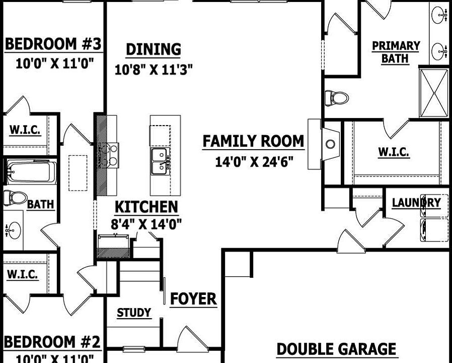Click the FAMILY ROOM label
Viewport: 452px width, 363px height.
(x=253, y=142)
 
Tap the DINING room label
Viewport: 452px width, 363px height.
(x=153, y=50)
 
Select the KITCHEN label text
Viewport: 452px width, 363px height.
(x=146, y=207)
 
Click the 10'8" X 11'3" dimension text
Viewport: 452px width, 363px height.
(x=154, y=70)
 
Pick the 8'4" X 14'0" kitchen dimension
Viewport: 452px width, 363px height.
(x=146, y=223)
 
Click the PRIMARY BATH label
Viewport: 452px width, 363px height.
(x=396, y=52)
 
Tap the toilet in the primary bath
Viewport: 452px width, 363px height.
(x=337, y=97)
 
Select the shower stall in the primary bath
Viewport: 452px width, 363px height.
(x=433, y=93)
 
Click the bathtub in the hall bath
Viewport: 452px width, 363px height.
(x=30, y=171)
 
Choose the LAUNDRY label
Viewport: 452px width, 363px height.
(x=416, y=203)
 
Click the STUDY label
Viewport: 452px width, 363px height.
(x=134, y=313)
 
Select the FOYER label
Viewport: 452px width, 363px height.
(x=193, y=299)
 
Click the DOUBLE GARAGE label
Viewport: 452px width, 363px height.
(x=336, y=349)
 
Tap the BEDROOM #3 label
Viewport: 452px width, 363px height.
(x=53, y=44)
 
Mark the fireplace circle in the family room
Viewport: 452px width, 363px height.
(x=330, y=145)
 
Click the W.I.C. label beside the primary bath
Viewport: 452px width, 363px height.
(x=393, y=152)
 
